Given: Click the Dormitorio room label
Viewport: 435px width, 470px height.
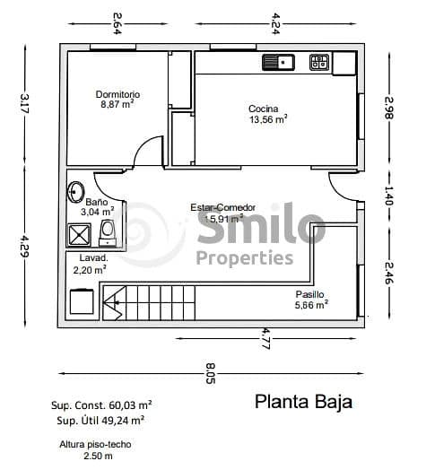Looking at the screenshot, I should [x=117, y=94].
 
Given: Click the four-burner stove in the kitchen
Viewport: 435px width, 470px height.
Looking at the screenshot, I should [x=318, y=62].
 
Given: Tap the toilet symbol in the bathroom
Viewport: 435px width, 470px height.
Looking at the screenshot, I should [x=108, y=231].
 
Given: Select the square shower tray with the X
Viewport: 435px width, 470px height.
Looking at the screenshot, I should [x=79, y=235].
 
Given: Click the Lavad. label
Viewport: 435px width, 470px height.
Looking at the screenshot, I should [x=93, y=257].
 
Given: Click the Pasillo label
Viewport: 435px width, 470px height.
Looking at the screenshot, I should [x=309, y=294].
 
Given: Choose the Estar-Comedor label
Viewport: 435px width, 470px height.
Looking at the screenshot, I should [x=222, y=208].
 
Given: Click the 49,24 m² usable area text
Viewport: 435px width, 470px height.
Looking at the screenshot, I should [x=121, y=419].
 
